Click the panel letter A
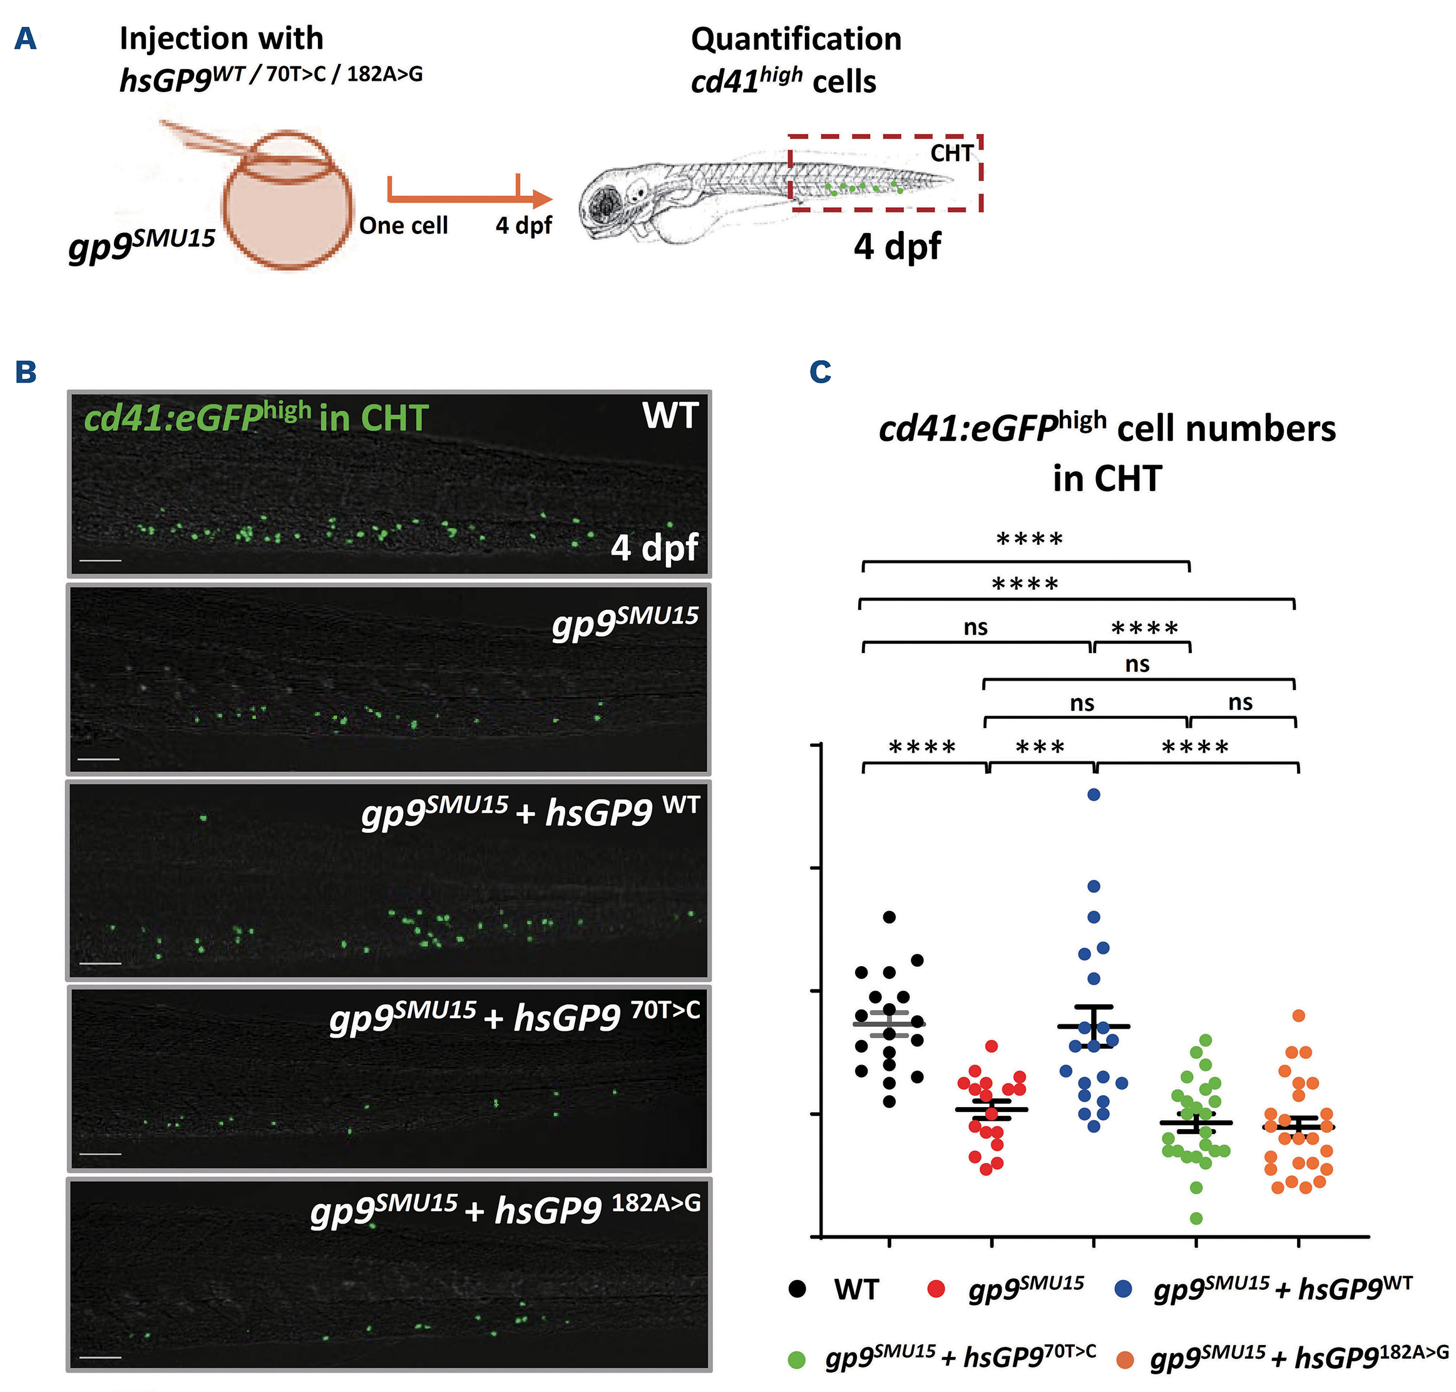[x=25, y=39]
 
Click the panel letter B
[x=25, y=372]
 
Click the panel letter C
[x=819, y=372]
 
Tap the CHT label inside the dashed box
[x=951, y=153]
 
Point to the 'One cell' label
[x=404, y=225]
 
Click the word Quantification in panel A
[x=796, y=39]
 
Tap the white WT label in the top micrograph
[x=670, y=416]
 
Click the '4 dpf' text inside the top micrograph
[x=654, y=548]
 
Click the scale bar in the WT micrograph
[x=100, y=560]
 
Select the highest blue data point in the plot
[x=1094, y=795]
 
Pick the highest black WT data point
[x=889, y=917]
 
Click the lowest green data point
[x=1196, y=1219]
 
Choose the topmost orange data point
[x=1299, y=1016]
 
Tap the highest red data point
[x=992, y=1046]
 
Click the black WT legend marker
[x=797, y=1289]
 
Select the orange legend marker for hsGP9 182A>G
[x=1125, y=1360]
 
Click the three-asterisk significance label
[x=1040, y=747]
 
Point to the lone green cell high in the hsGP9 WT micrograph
[x=204, y=818]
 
